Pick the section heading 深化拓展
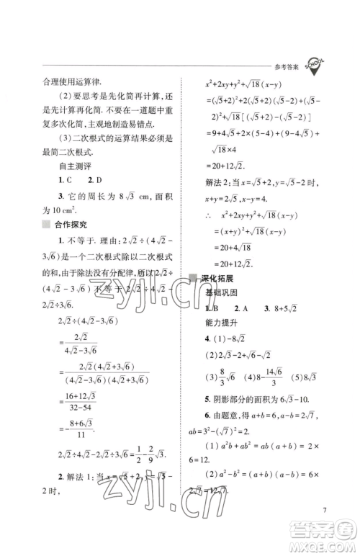(x=217, y=279)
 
